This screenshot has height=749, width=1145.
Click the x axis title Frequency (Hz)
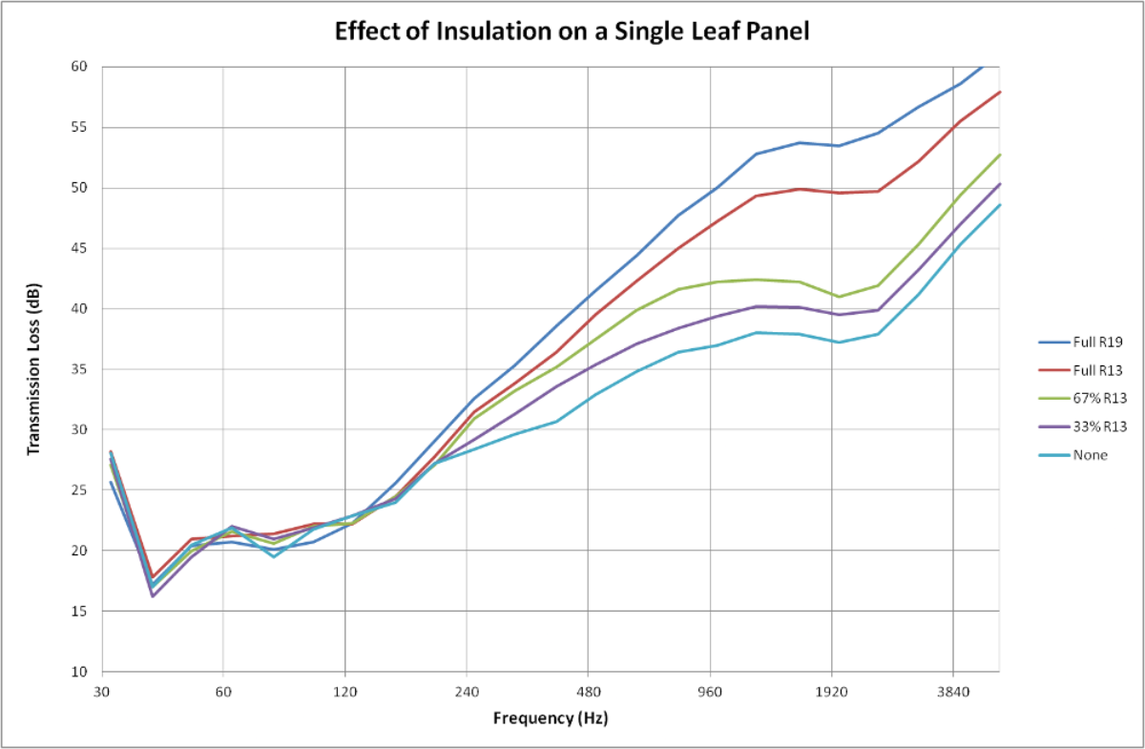click(550, 718)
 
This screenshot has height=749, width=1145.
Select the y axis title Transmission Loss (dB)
click(33, 369)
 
